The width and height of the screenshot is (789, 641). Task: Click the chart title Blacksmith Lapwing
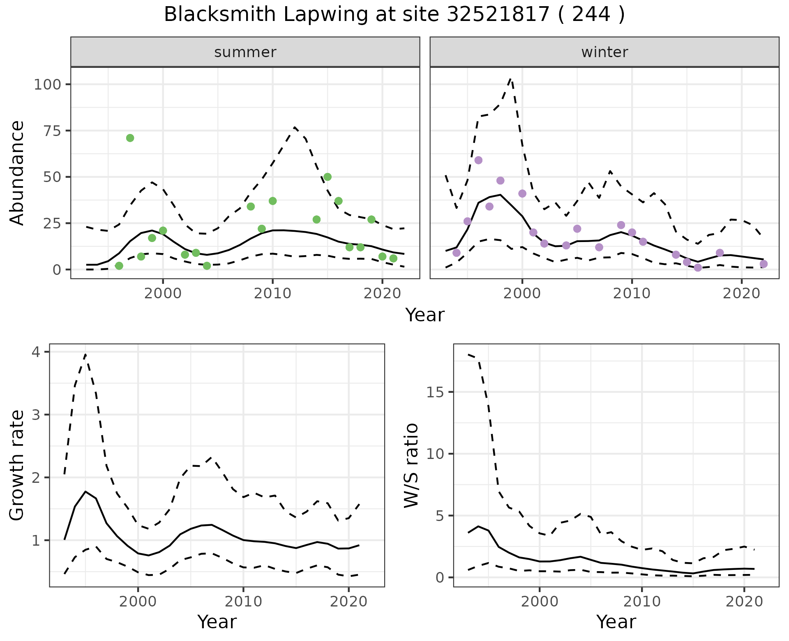coord(394,15)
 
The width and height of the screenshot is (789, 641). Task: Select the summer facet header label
coord(245,52)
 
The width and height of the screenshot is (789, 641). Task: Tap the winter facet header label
coord(604,52)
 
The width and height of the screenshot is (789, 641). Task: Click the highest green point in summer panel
coord(130,138)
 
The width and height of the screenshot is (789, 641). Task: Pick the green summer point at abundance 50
coord(328,177)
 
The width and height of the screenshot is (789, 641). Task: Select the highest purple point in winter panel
coord(478,160)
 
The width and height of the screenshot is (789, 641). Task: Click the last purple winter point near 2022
coord(764,264)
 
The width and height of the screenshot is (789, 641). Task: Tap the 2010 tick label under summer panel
coord(272,294)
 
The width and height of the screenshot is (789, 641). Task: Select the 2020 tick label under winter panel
coord(742,294)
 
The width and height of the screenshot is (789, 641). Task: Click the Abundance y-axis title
coord(17,173)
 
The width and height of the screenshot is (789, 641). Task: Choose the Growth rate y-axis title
coord(17,466)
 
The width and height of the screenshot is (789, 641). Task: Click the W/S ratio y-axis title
coord(411,466)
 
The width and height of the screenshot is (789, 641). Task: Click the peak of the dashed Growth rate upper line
coord(85,354)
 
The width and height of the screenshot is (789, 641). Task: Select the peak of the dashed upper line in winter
coord(511,78)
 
